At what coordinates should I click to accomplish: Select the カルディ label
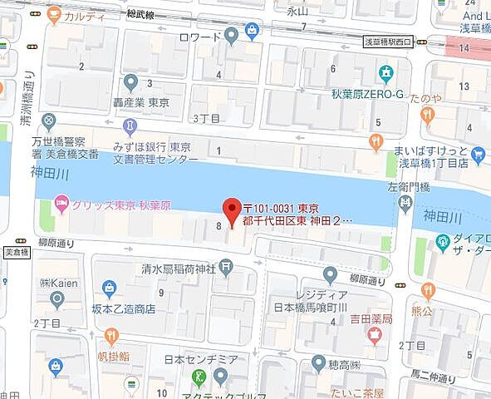[x=84, y=15]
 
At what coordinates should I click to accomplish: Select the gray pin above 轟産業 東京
[x=130, y=81]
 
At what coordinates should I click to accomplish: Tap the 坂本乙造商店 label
[x=121, y=308]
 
